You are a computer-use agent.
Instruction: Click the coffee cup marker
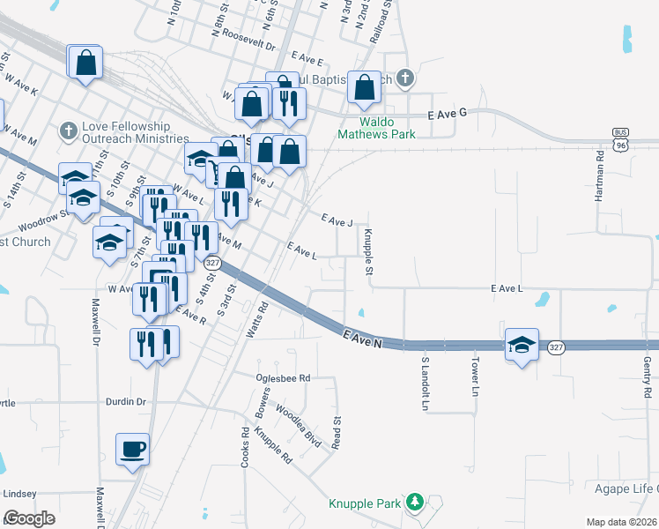point(132,450)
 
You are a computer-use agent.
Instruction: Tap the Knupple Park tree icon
point(414,503)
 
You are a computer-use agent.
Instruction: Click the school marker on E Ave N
point(522,345)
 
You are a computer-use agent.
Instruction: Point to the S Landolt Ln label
point(424,384)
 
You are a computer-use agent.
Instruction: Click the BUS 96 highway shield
point(621,138)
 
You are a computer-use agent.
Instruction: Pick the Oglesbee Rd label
point(283,377)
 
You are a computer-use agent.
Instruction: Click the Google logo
point(29,518)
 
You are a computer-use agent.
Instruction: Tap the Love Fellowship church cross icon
point(68,131)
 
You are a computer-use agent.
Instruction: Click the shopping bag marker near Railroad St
point(364,87)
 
